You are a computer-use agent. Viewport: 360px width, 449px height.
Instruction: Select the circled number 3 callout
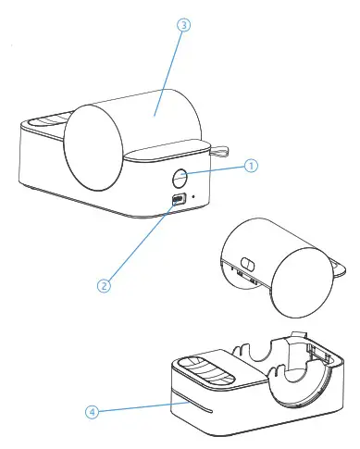pyautogui.click(x=184, y=27)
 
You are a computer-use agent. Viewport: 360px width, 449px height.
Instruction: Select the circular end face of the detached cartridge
pyautogui.click(x=301, y=278)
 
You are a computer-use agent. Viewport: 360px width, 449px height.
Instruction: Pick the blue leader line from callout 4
pyautogui.click(x=130, y=407)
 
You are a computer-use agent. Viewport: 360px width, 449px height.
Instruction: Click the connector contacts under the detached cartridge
pyautogui.click(x=242, y=276)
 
